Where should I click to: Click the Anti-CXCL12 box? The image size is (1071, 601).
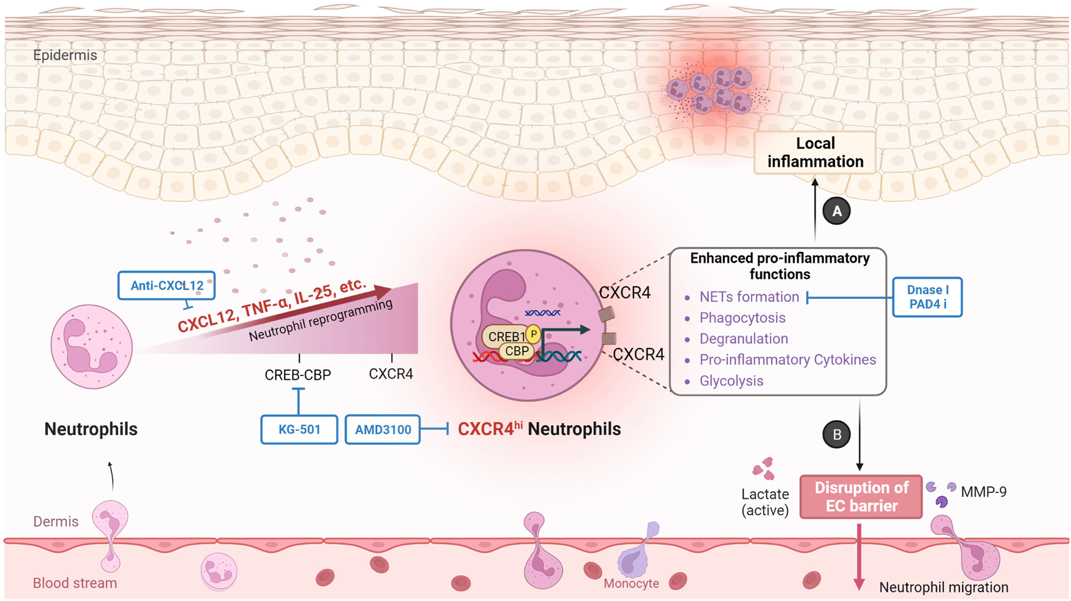point(166,285)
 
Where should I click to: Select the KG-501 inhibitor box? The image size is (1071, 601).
point(299,429)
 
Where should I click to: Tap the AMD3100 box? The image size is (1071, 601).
point(382,429)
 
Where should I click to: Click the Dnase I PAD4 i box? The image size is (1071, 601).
point(927,297)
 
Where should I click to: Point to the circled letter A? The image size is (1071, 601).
point(836,211)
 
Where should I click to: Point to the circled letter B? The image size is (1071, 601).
point(836,434)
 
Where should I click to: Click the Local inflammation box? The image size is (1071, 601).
point(815,153)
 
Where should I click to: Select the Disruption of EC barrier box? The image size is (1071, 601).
point(860,497)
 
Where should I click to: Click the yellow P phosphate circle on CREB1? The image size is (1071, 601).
point(534,335)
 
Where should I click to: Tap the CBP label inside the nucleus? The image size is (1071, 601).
point(517,351)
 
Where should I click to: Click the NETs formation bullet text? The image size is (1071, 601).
point(748,297)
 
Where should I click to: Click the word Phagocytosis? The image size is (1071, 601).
point(742,318)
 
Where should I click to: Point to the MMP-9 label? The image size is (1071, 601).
point(983,492)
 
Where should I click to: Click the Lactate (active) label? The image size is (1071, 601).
point(764,502)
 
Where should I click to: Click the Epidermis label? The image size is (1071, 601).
point(65,55)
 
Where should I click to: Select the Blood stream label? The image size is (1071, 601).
point(75,583)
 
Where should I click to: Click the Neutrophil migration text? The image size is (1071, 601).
point(943,588)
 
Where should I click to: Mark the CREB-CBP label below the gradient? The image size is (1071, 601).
point(297,375)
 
